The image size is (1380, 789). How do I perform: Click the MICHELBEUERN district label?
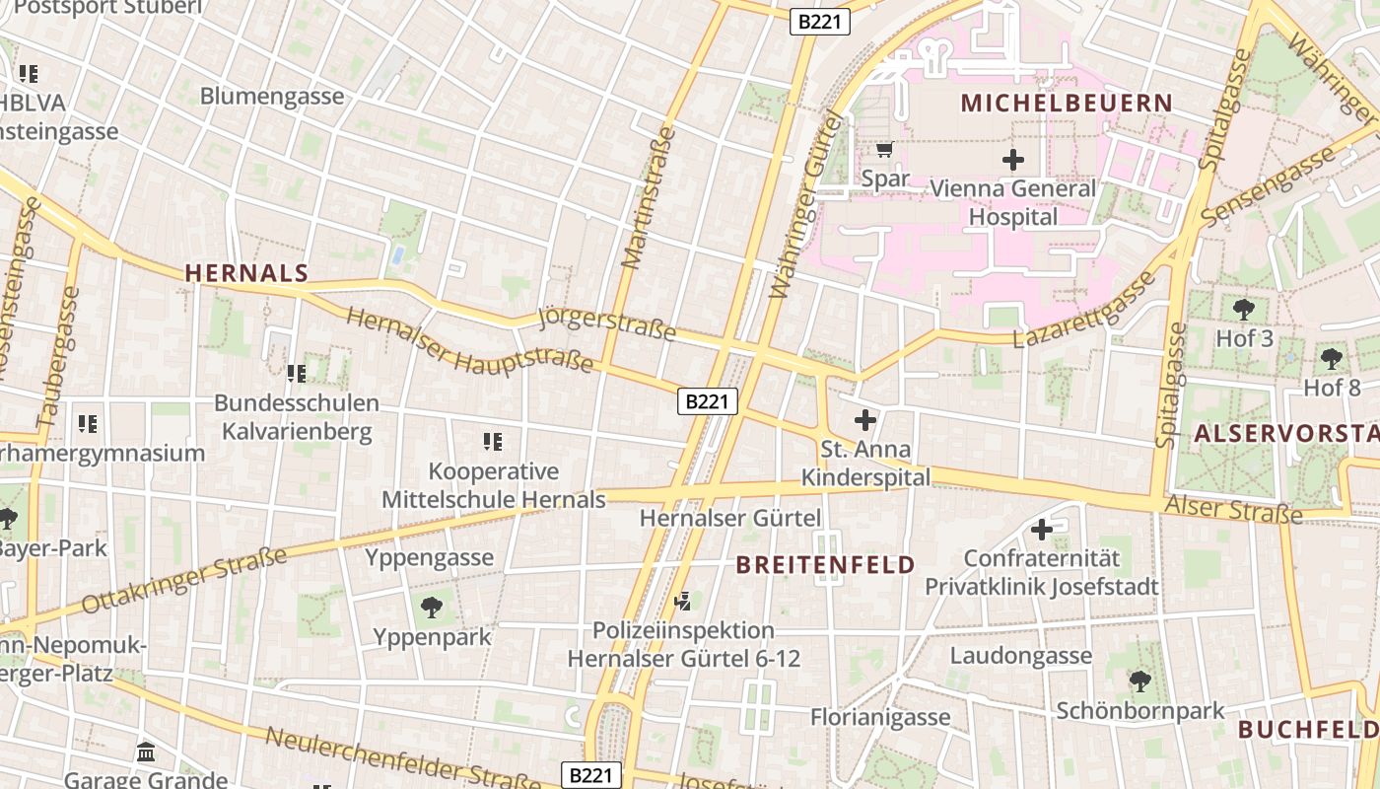pos(1067,103)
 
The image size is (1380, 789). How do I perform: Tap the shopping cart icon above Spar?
pos(884,150)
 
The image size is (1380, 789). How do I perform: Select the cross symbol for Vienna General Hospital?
pos(1012,159)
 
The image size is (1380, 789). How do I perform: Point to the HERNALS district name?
pos(246,273)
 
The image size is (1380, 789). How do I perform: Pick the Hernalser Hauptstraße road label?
pos(470,341)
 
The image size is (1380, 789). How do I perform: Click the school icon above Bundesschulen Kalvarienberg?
pos(296,373)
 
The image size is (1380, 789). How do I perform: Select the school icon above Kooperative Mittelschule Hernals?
pos(493,441)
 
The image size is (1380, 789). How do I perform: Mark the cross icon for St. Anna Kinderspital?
pos(864,420)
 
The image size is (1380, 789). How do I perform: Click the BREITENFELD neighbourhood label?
pos(826,565)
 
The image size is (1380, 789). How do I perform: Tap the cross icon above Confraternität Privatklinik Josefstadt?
pos(1041,530)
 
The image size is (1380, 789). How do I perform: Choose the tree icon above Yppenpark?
pos(431,607)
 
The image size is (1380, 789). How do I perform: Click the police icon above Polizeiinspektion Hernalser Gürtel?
pos(682,600)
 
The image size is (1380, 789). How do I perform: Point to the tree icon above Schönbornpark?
pos(1139,681)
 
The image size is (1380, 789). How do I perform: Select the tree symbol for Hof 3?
pos(1244,309)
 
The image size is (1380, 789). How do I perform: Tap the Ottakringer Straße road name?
pos(184,579)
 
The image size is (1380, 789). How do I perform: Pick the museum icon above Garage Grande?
pos(146,752)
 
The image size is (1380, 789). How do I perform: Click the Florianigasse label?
pos(880,717)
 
